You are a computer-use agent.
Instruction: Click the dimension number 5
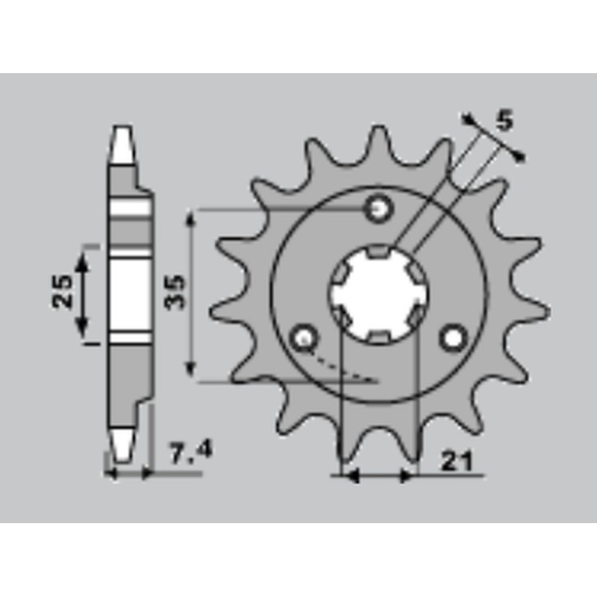point(505,120)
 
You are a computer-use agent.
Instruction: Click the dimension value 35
point(175,293)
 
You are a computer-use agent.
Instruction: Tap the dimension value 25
point(62,291)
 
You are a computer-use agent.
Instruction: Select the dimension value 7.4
point(190,454)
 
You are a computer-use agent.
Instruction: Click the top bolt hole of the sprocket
point(378,209)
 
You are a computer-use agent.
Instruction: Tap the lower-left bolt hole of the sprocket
point(303,338)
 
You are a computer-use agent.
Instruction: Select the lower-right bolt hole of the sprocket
point(453,338)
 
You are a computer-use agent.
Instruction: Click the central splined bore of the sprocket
point(378,294)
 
